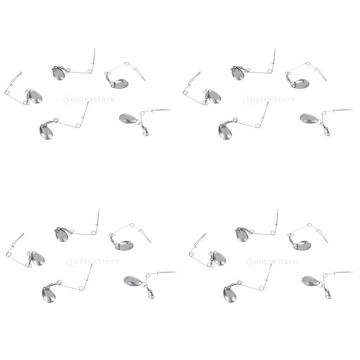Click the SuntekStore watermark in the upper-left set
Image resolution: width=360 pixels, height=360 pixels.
click(x=89, y=99)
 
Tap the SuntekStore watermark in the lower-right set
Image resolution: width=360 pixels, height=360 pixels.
click(x=272, y=261)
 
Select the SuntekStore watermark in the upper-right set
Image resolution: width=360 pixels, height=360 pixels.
click(x=269, y=99)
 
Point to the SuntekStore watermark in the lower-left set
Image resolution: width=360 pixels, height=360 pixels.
click(x=93, y=261)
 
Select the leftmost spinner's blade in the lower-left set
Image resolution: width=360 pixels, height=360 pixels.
click(x=38, y=258)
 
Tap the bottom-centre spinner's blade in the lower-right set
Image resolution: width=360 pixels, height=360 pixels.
click(x=230, y=294)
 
